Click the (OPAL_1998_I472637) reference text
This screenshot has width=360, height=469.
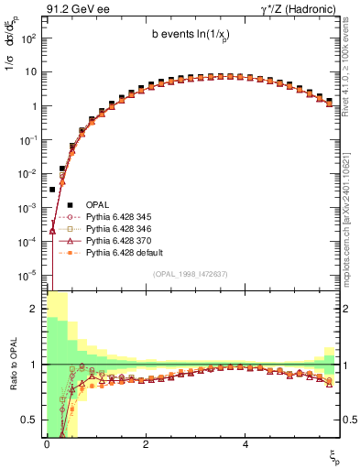pyautogui.click(x=190, y=274)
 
